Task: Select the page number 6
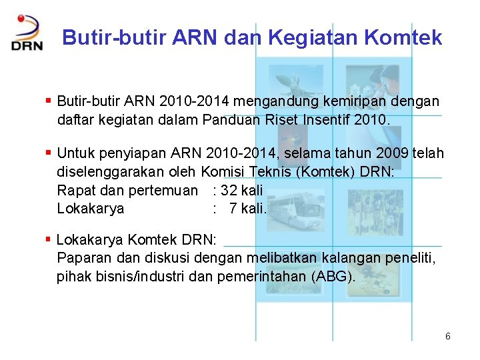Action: [x=448, y=337]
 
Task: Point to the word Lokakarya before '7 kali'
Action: [x=91, y=208]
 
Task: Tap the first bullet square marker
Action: [x=48, y=101]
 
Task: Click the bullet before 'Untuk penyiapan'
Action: [x=48, y=153]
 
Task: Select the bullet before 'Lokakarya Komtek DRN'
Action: [x=48, y=239]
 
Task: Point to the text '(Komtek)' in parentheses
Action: [x=326, y=172]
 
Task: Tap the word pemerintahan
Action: [x=263, y=275]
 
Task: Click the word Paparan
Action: [x=83, y=257]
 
